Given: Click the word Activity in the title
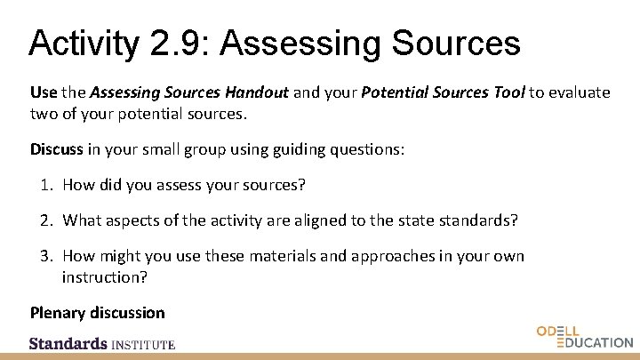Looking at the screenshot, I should pyautogui.click(x=81, y=42).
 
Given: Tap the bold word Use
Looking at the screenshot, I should pyautogui.click(x=44, y=92).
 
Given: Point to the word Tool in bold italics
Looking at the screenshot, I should pyautogui.click(x=506, y=92).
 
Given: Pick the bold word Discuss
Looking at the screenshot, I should pyautogui.click(x=56, y=149).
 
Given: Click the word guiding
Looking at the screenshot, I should pyautogui.click(x=295, y=149).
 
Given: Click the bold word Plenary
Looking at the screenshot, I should pyautogui.click(x=56, y=312).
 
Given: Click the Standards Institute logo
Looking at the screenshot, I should pyautogui.click(x=102, y=343).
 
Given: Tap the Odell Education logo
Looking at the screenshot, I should pyautogui.click(x=584, y=337).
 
